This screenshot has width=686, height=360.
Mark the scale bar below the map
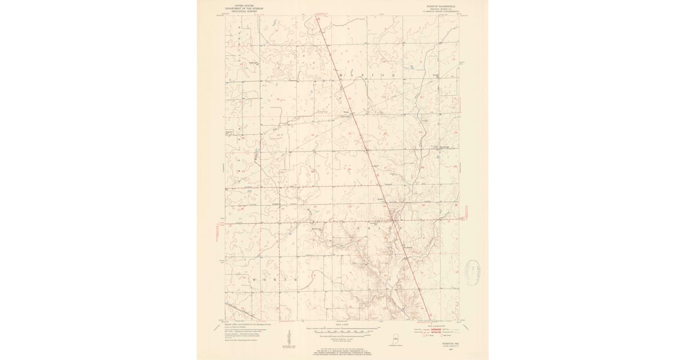[x=342, y=330]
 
